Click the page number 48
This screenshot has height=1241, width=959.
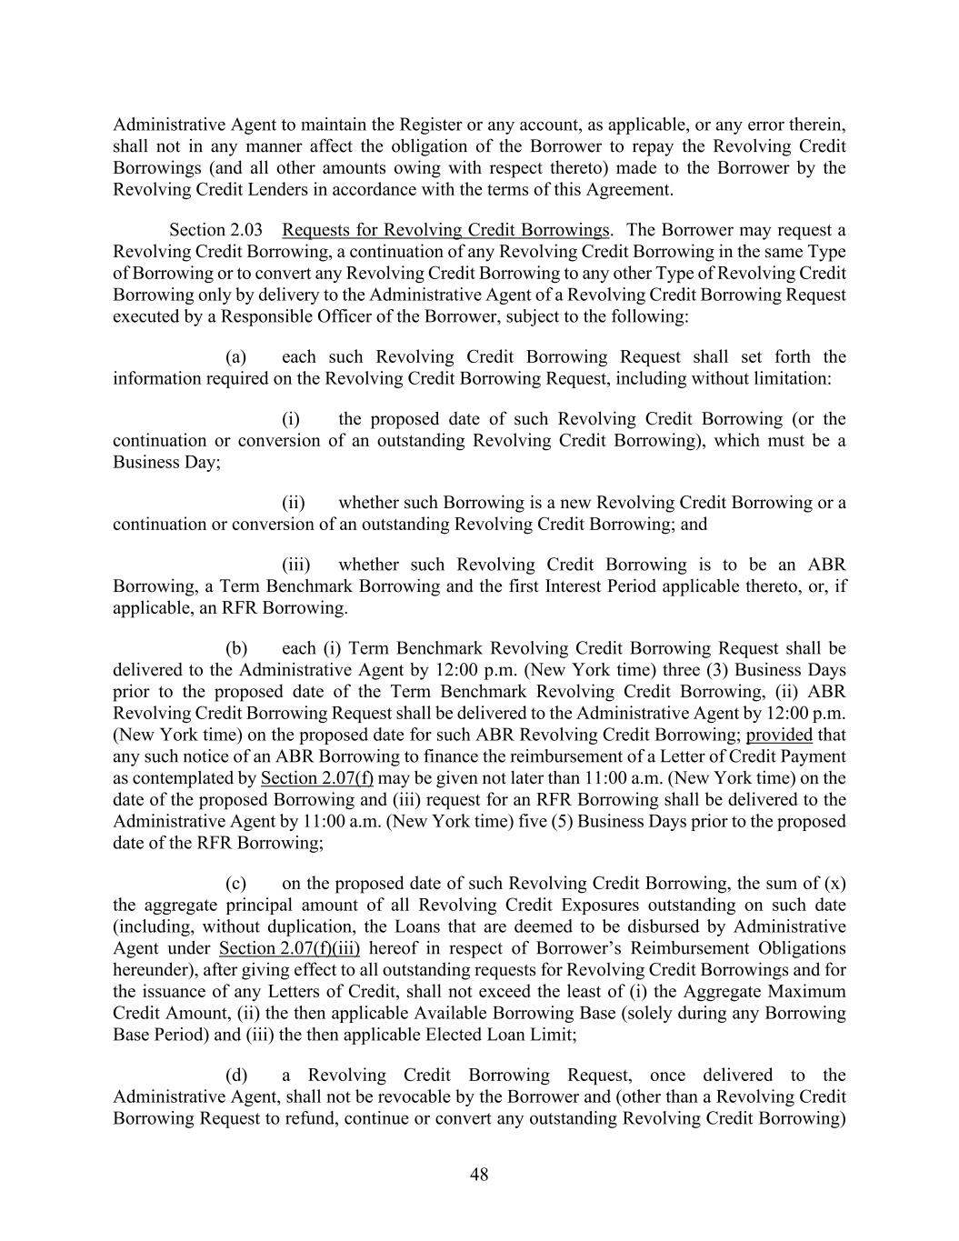(479, 1174)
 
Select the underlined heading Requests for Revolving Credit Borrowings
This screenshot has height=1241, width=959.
(445, 230)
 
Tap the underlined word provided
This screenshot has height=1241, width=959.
(779, 735)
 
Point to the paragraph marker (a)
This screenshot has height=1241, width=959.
(236, 357)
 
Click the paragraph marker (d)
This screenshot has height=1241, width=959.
(236, 1076)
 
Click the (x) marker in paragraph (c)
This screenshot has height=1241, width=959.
(834, 883)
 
